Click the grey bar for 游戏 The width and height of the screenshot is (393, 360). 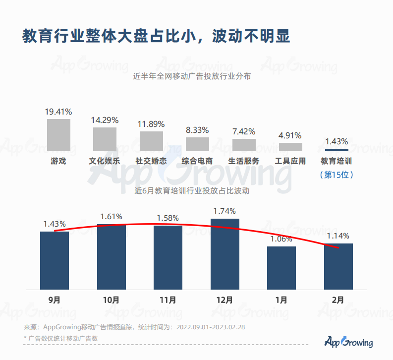point(58,135)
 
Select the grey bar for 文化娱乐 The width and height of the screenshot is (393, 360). point(105,139)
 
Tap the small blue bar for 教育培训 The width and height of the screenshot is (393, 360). point(337,149)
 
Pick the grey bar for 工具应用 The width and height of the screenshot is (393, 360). point(290,147)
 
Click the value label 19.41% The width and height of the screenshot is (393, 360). point(58,112)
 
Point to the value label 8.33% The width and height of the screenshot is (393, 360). point(197,130)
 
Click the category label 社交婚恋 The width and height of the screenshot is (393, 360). point(151,161)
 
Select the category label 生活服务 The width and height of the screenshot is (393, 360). point(244,161)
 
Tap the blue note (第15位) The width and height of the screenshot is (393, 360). point(337,175)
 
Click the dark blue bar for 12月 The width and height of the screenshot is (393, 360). point(225,254)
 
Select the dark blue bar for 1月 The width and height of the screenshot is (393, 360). point(281,268)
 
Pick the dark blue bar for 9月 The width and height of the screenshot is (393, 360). point(55,260)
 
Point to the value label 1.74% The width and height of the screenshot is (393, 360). point(225,211)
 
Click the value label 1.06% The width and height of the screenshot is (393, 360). point(281,239)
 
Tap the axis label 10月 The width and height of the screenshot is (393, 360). point(112,300)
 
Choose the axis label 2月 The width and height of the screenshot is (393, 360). point(338,300)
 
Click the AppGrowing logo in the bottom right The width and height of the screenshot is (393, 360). point(348,342)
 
